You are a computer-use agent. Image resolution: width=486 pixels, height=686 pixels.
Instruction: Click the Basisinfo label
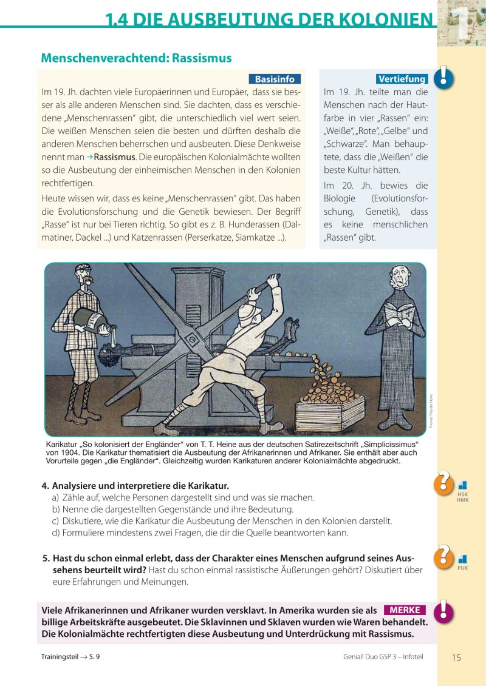(275, 79)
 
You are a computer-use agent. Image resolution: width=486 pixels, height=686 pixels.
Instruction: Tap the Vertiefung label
(402, 79)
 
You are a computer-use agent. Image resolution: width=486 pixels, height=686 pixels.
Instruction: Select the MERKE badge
(405, 610)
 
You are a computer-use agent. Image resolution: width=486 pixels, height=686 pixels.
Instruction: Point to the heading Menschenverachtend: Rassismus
(136, 58)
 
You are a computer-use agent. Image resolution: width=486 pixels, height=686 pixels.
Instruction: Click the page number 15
(457, 657)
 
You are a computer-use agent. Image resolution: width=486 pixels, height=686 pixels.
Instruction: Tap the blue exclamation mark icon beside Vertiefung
(445, 76)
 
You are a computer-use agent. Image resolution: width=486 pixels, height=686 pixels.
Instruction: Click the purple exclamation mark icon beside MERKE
(445, 611)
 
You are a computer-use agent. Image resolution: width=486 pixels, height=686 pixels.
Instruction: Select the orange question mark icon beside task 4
(444, 483)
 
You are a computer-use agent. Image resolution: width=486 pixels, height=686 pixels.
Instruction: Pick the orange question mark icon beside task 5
(444, 556)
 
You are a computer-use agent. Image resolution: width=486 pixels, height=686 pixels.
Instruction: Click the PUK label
(462, 568)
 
